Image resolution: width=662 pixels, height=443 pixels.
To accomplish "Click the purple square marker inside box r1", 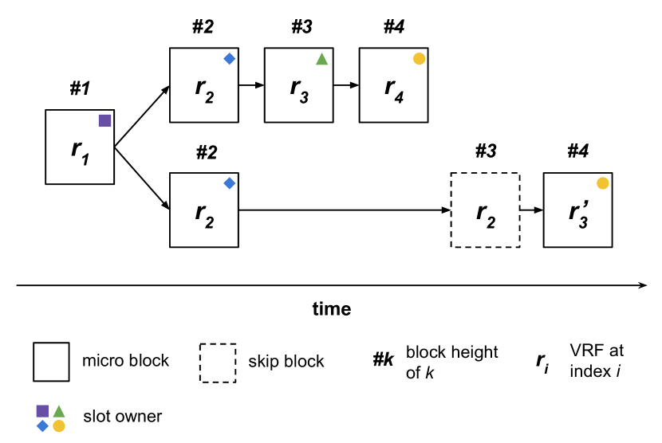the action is point(104,120).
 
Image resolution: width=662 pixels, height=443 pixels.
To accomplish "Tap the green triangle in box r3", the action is point(321,59).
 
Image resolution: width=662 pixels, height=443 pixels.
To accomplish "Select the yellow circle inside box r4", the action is point(419,58).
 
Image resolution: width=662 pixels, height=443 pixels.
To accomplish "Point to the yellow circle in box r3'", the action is point(602,183).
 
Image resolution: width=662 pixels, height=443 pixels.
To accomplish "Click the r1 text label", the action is point(80,149).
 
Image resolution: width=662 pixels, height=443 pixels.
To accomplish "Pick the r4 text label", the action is point(393,88).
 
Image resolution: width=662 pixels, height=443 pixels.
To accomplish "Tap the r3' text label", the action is point(578,213).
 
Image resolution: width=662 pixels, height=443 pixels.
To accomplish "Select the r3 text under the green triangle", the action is point(299,88).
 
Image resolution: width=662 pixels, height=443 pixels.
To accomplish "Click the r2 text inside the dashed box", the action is point(485,214).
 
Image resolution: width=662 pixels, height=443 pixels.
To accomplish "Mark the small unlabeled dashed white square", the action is point(218,363).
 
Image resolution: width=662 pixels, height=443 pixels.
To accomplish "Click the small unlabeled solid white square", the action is point(51,362).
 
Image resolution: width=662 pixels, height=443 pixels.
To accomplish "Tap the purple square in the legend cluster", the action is point(42,411).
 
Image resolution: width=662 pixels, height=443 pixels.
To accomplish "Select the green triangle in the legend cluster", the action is point(59,411).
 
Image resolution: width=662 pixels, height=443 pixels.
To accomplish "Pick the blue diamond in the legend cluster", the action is point(42,426).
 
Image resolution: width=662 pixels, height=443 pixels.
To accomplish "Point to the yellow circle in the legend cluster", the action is point(59,426).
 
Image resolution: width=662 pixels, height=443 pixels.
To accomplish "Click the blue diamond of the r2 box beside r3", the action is point(229,58).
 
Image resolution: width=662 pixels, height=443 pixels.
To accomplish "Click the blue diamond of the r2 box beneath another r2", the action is point(229,183).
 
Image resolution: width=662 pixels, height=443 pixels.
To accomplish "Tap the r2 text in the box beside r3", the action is point(204,88).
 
